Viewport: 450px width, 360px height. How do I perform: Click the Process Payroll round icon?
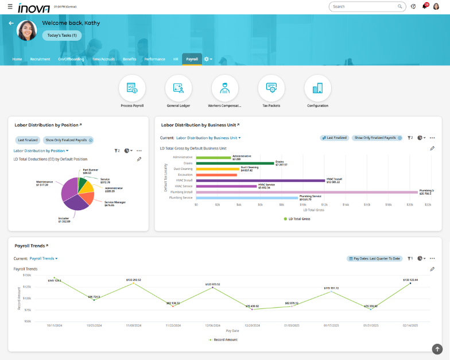click(x=132, y=88)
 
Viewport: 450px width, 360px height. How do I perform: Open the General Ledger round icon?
click(x=179, y=88)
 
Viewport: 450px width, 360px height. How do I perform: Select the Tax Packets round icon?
click(x=271, y=88)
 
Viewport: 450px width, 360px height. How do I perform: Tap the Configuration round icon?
click(x=317, y=88)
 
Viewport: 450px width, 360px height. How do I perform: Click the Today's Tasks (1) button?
click(x=62, y=36)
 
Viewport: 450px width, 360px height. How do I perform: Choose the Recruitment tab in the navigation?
click(x=40, y=59)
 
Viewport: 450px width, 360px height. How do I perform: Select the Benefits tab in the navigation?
click(x=129, y=59)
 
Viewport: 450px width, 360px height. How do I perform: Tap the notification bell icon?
click(x=425, y=6)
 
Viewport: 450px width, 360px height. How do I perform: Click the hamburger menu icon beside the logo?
click(x=10, y=6)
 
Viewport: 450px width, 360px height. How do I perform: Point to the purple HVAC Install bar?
click(x=260, y=180)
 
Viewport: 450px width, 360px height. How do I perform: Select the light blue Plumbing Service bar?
click(x=247, y=198)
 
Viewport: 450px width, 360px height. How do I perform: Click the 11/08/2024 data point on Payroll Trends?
click(x=133, y=283)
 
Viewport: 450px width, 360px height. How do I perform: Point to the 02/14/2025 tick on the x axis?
click(x=410, y=326)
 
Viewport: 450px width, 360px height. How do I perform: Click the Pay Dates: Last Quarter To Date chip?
click(x=374, y=258)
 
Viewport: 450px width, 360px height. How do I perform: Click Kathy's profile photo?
click(x=27, y=31)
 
